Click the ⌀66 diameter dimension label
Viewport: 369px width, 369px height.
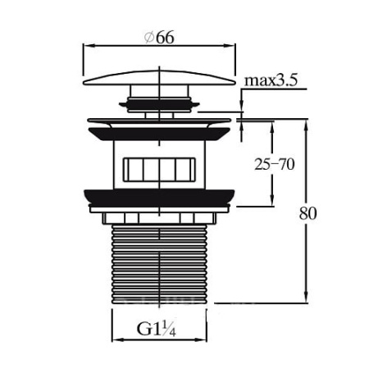click(x=159, y=38)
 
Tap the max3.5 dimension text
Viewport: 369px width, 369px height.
click(x=271, y=80)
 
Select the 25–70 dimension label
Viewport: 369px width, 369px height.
click(x=275, y=164)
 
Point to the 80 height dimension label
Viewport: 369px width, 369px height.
click(x=308, y=213)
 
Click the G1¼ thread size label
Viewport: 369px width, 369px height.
click(x=156, y=329)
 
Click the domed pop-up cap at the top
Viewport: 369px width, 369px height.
click(x=159, y=79)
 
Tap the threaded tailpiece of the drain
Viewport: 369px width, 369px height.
click(x=159, y=264)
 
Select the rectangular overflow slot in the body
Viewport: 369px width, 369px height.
click(x=159, y=170)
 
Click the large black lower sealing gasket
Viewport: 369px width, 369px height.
click(x=159, y=198)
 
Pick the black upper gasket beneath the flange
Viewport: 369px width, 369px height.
click(x=159, y=134)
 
